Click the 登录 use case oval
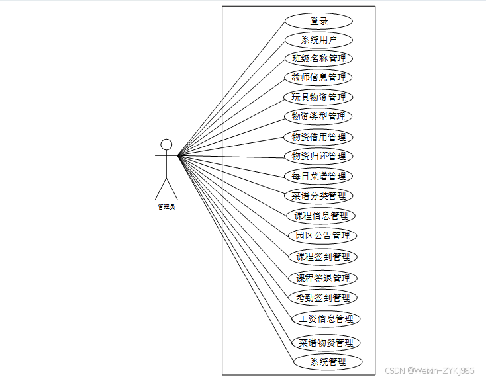coord(318,21)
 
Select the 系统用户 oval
coord(318,40)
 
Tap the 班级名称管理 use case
coord(318,59)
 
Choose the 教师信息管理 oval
coord(318,77)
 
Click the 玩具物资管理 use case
coord(318,97)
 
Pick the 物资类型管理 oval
coord(318,116)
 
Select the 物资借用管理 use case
coord(318,137)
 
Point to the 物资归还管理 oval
coord(318,156)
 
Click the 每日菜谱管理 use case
coord(318,176)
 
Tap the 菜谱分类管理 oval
coord(318,196)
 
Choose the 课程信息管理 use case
coord(321,216)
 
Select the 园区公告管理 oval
coord(322,235)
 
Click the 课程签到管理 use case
coord(322,257)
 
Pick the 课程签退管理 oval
coord(322,278)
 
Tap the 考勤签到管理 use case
coord(322,298)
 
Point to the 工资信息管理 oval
coord(326,319)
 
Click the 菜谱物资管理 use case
coord(326,343)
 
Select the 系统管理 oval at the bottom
coord(328,362)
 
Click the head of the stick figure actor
coord(167,144)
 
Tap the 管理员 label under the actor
coord(166,207)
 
